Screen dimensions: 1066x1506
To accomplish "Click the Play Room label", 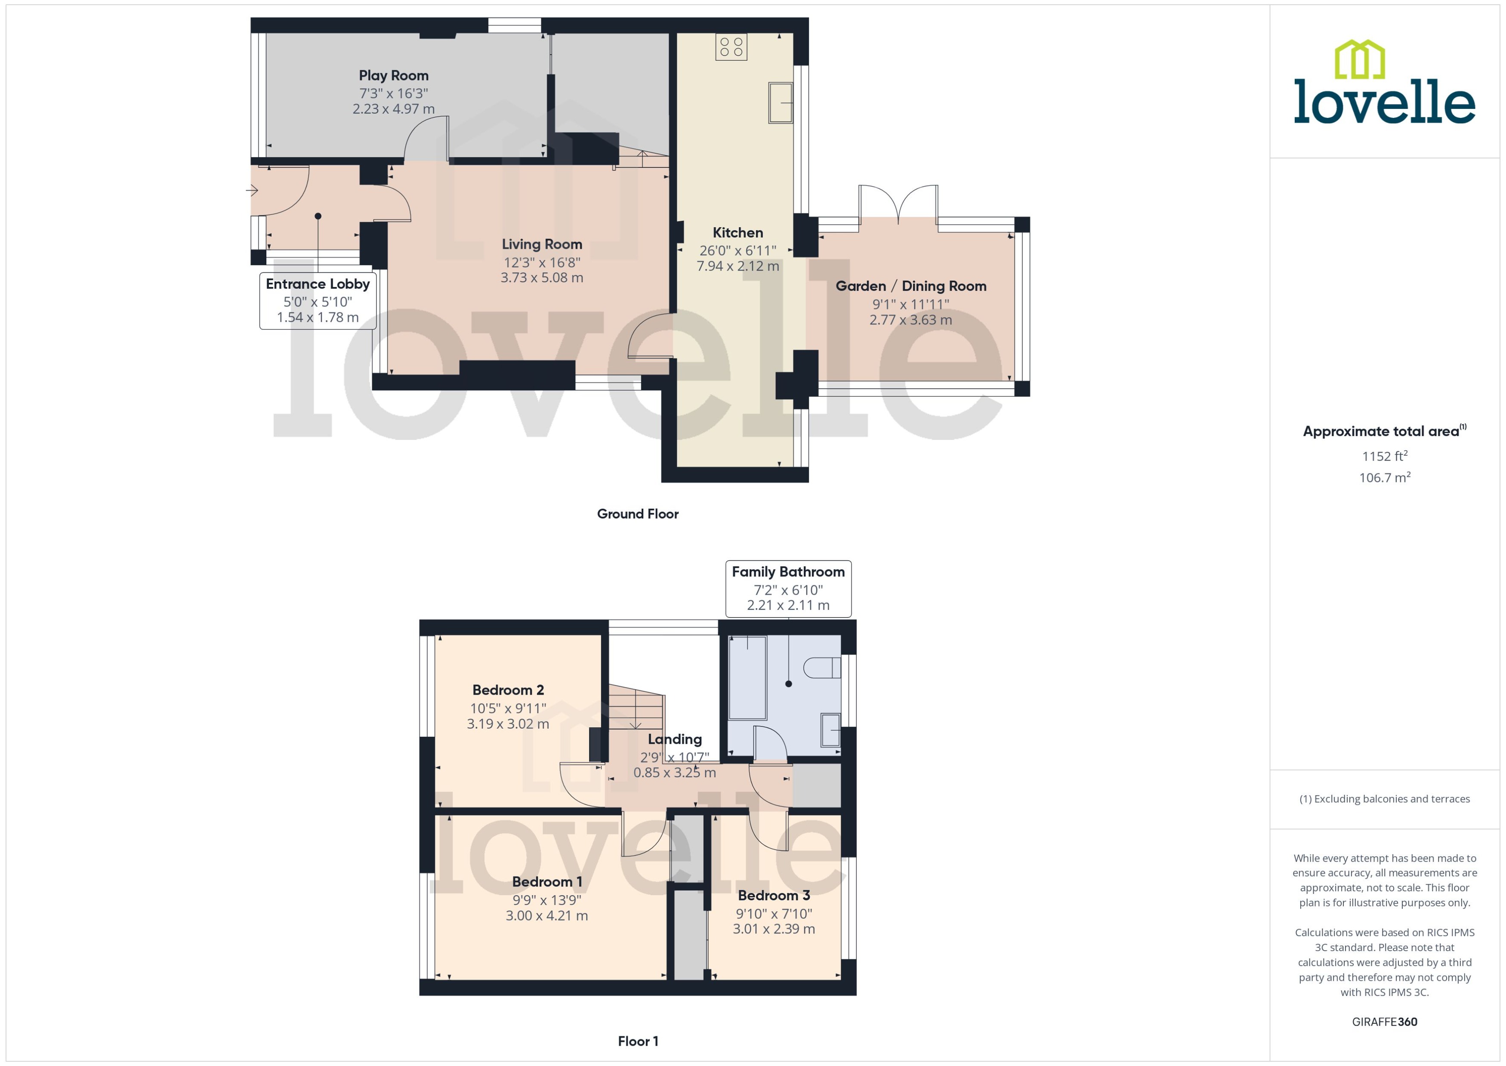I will click(x=393, y=75).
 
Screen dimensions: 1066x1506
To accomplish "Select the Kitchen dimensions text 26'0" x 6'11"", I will click(x=737, y=250).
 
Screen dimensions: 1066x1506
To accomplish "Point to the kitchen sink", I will click(x=780, y=102).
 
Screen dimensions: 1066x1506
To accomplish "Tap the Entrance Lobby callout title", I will click(x=318, y=284).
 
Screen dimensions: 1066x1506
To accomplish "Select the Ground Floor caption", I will click(x=637, y=514).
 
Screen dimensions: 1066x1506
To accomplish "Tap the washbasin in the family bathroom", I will click(x=830, y=729).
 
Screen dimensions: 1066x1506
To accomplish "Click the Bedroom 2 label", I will click(x=508, y=690).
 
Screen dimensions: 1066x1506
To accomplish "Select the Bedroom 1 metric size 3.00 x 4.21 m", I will click(x=546, y=916).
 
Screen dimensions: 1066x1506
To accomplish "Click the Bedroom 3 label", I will click(x=773, y=895).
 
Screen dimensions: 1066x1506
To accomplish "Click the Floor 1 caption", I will click(x=637, y=1041).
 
